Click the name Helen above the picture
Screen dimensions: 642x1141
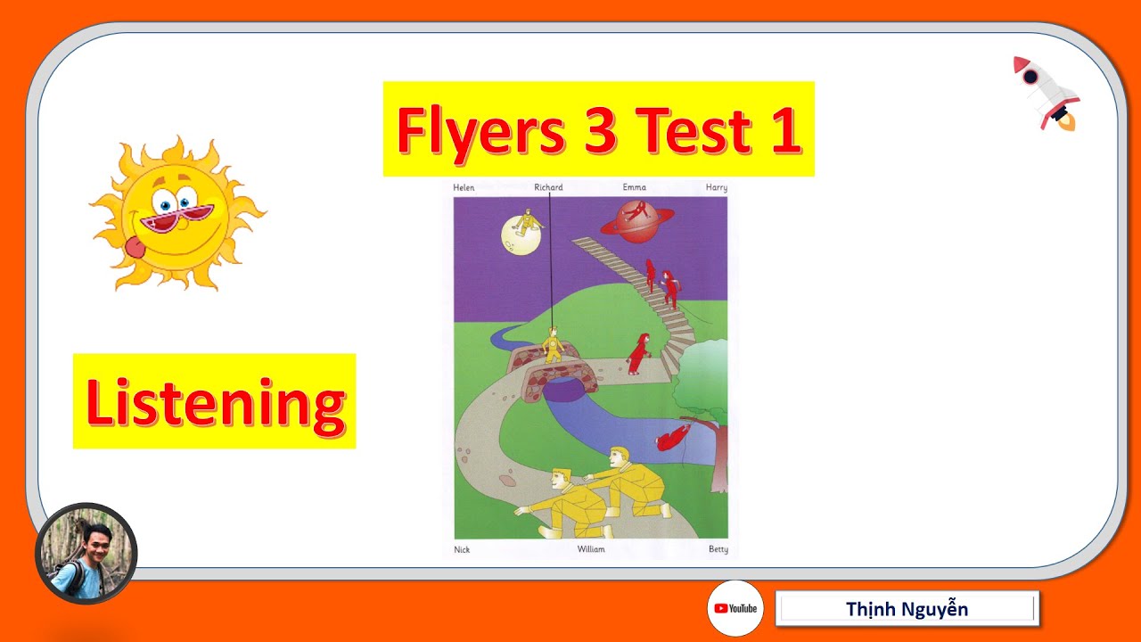(x=464, y=188)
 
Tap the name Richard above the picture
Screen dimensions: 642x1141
(x=548, y=188)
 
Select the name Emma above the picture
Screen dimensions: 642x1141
(x=635, y=188)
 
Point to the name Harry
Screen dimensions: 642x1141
(x=716, y=188)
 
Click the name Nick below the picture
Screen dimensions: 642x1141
(x=462, y=549)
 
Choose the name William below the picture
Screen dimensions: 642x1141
(x=590, y=549)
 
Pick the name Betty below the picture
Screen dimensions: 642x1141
(x=718, y=549)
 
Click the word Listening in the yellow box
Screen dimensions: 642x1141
(x=215, y=402)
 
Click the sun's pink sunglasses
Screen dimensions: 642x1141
(x=179, y=218)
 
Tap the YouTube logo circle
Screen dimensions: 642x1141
(x=735, y=608)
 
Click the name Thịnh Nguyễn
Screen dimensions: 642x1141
(x=907, y=610)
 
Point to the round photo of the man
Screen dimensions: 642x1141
(x=86, y=553)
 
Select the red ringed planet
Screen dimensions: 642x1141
(x=635, y=220)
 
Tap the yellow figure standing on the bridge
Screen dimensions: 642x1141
(x=553, y=343)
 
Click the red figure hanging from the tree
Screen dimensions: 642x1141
(x=674, y=437)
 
